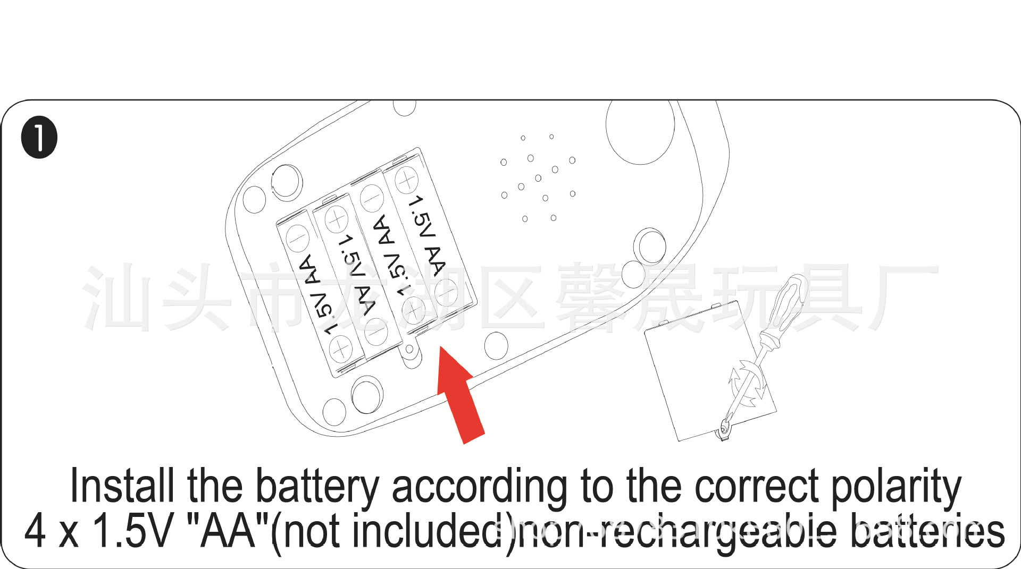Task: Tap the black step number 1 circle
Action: pyautogui.click(x=39, y=137)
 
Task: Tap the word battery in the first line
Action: pyautogui.click(x=317, y=486)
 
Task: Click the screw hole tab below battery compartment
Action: pyautogui.click(x=410, y=350)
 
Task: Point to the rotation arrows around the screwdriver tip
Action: pyautogui.click(x=747, y=383)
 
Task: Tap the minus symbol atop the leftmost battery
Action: pyautogui.click(x=298, y=237)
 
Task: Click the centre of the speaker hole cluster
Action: pyautogui.click(x=538, y=178)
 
